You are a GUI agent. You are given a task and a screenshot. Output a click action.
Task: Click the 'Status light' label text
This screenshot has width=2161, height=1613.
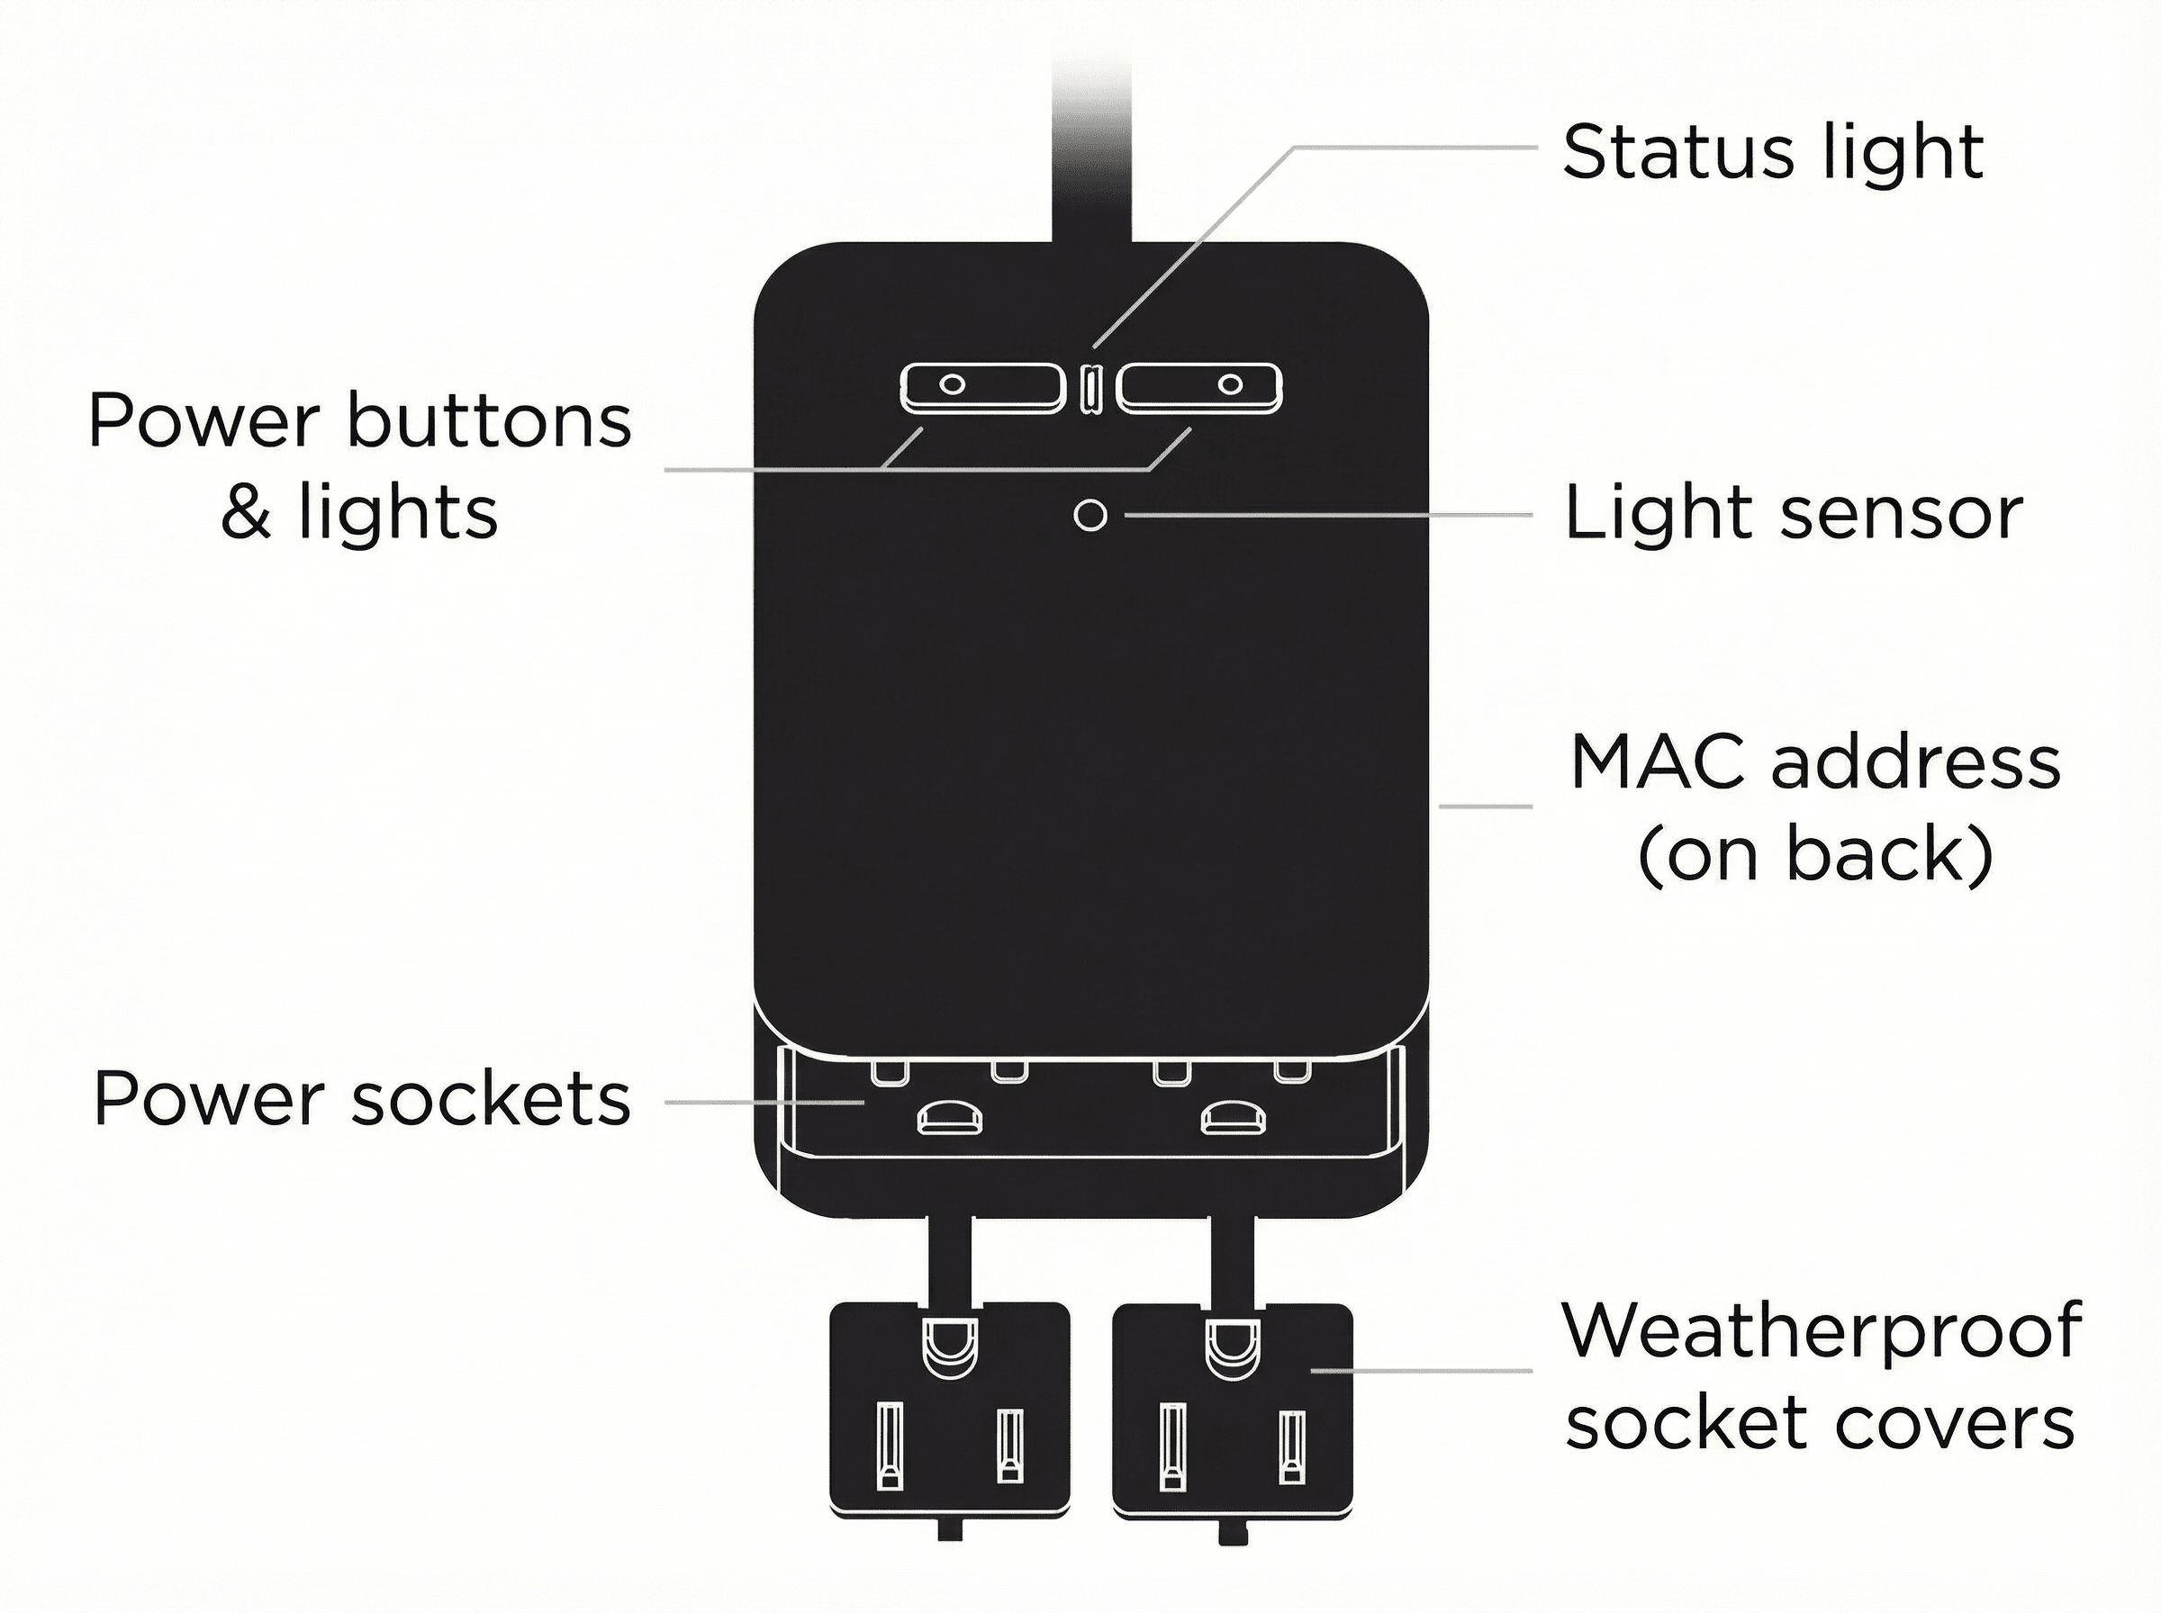(1772, 152)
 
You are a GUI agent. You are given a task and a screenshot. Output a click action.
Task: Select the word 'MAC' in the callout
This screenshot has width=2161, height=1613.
(1658, 762)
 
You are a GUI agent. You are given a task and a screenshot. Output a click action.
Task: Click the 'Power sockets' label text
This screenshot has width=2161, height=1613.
(361, 1099)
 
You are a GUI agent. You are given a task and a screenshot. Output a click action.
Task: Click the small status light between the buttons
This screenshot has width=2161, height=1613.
(1090, 389)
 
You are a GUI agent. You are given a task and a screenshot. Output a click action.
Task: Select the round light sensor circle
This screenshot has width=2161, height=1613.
(1090, 515)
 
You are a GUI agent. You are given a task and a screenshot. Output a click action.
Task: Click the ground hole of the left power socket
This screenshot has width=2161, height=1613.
(949, 1117)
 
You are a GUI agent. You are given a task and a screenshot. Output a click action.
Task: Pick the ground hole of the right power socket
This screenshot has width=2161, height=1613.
(1233, 1117)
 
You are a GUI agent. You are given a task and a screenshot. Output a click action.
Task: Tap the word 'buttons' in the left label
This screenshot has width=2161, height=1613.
(489, 422)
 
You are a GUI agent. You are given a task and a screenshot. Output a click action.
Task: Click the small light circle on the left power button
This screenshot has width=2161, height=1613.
(952, 383)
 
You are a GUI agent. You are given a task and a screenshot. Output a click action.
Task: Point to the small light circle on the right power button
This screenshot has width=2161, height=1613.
(1230, 383)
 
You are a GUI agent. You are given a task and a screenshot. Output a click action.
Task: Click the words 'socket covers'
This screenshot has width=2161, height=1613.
(1819, 1421)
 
